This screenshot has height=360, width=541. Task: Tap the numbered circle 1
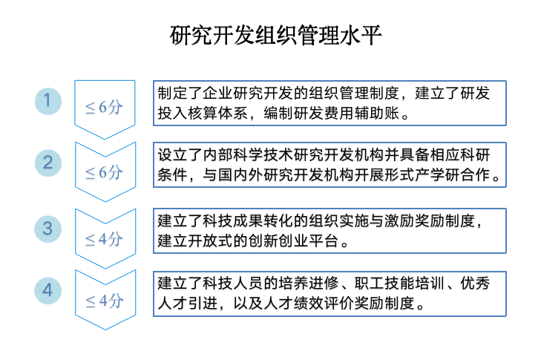coord(48,100)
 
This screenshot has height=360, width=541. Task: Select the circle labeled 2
coord(48,163)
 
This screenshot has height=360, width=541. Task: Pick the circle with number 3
coord(48,228)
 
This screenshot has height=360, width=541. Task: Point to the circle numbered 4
coord(48,290)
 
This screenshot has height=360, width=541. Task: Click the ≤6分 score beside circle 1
coord(103,107)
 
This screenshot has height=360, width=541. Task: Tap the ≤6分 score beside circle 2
coord(103,172)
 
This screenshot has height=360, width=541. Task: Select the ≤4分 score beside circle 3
coord(103,238)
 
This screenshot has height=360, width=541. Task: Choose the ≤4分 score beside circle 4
coord(103,301)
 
